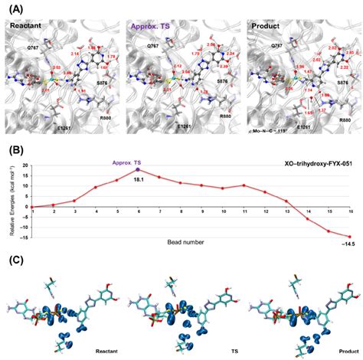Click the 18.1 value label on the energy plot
(139, 178)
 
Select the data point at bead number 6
(138, 170)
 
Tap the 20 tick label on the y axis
(24, 165)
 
